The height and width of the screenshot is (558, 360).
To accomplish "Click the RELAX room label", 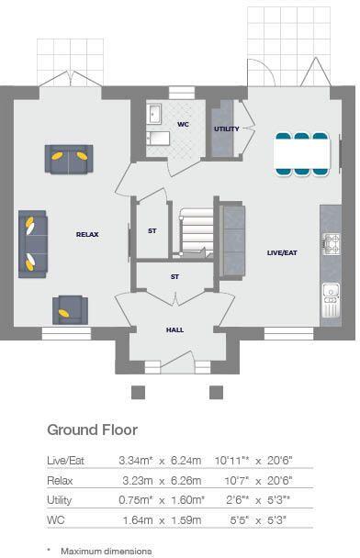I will pos(87,235).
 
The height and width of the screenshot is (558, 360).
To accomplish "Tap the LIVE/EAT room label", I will pos(282,252).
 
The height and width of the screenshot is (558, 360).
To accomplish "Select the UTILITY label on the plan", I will pos(226,129).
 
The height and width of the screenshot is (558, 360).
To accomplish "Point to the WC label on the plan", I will pos(183,123).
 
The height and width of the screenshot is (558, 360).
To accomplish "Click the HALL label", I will pos(174,329).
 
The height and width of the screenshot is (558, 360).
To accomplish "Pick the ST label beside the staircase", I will pos(152,231).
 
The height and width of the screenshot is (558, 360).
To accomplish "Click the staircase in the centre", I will pos(196,231).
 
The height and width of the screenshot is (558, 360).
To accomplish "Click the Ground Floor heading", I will pos(92,430).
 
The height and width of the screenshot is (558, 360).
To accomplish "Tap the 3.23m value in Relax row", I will pos(138,481).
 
